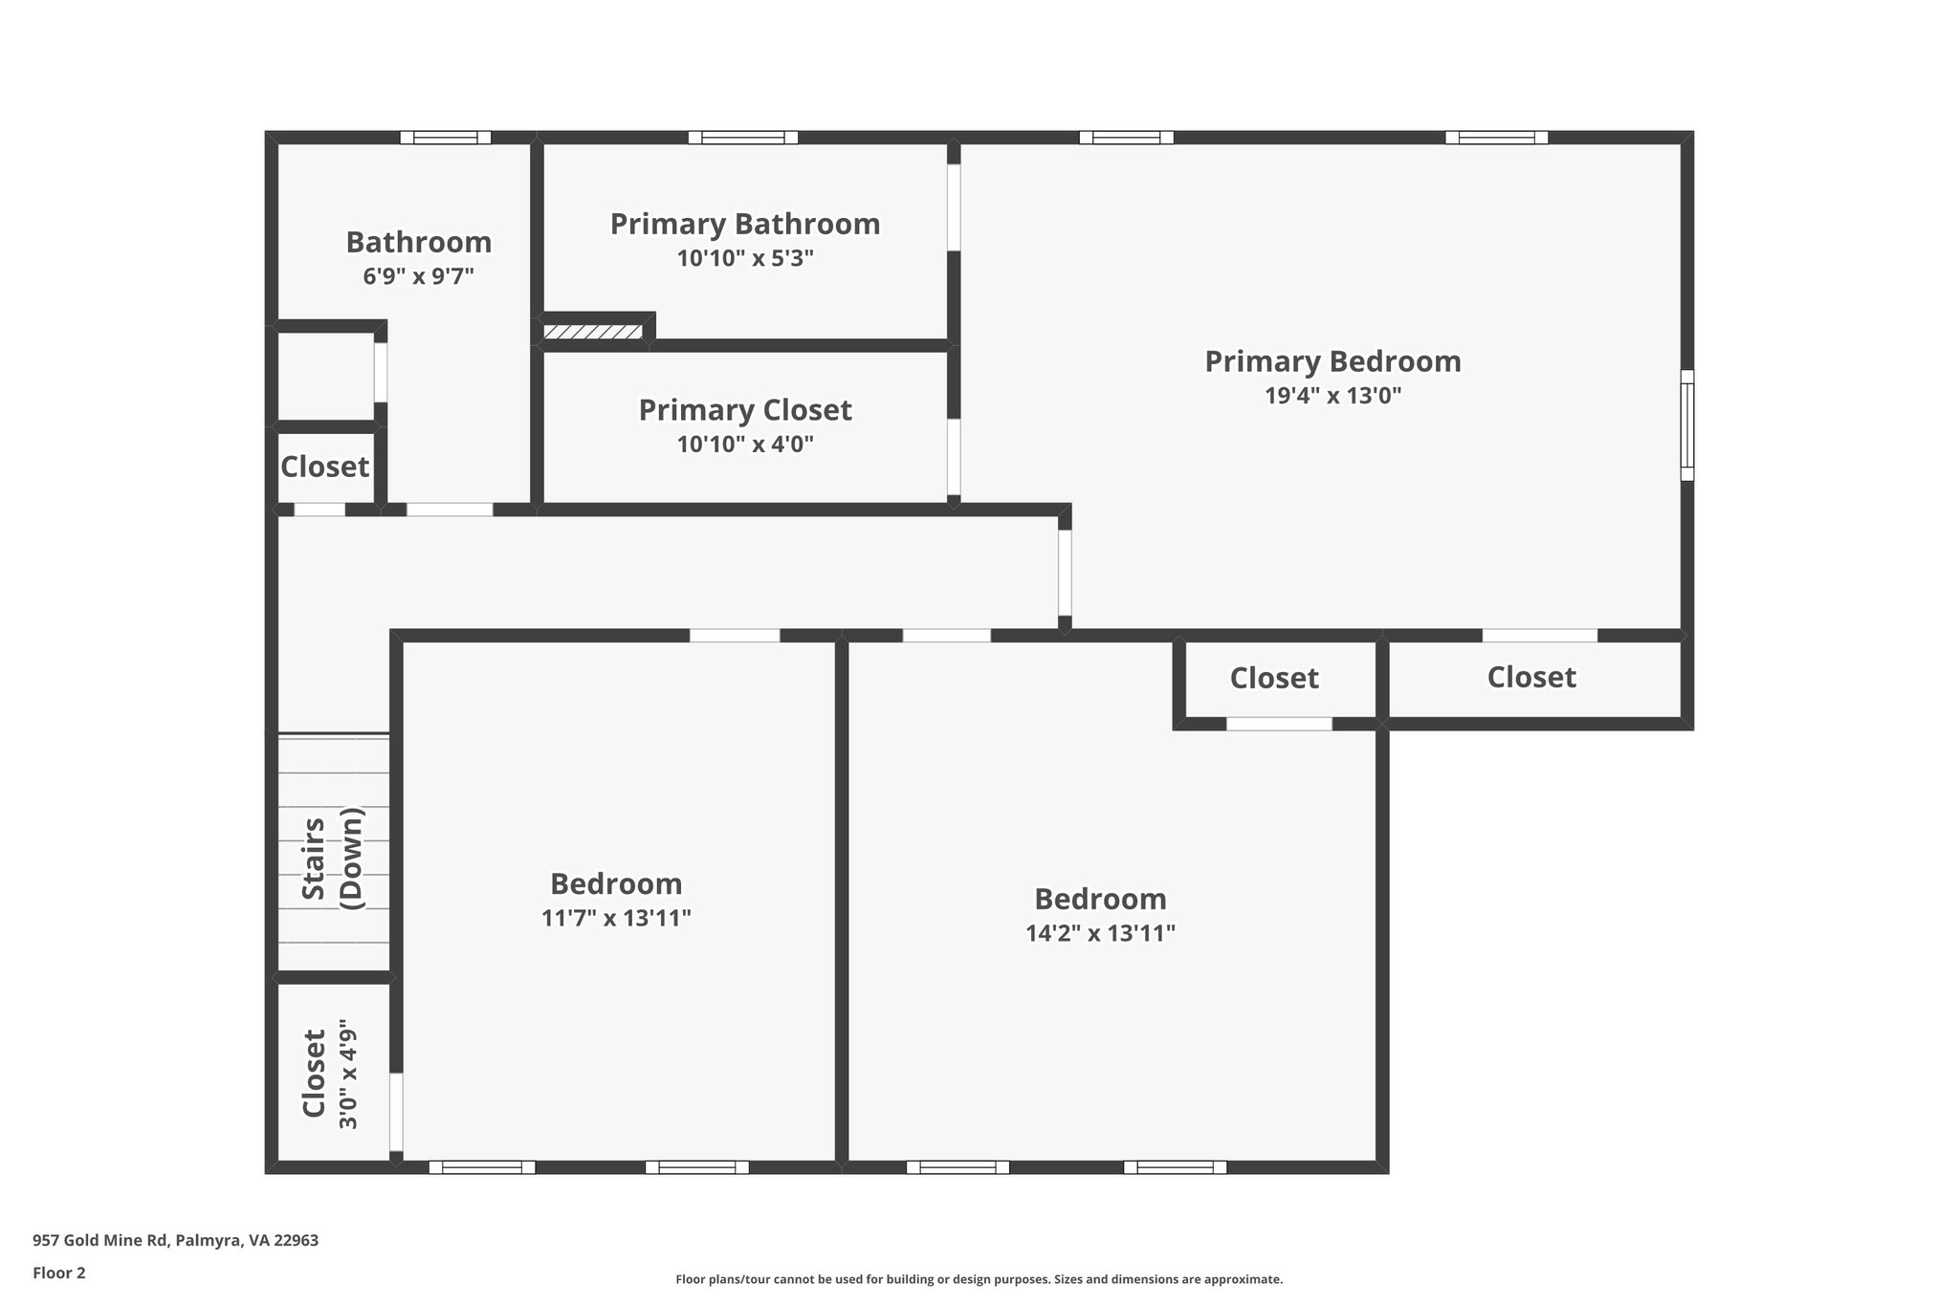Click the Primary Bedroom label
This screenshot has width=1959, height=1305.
point(1332,361)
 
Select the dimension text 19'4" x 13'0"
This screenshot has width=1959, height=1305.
point(1332,396)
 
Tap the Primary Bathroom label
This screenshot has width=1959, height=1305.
point(745,224)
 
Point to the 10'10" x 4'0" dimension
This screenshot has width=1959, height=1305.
point(745,445)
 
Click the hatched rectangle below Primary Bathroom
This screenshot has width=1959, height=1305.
point(593,332)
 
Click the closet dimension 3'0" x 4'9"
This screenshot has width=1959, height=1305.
point(349,1078)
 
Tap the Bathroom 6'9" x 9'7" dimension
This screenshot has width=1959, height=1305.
point(418,277)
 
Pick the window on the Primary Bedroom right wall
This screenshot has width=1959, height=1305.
point(1687,424)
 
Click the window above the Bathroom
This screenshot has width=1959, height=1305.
point(445,137)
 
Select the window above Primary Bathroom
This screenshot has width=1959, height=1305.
point(742,137)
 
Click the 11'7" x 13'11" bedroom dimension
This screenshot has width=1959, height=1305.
point(616,919)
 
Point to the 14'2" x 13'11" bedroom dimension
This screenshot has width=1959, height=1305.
point(1100,934)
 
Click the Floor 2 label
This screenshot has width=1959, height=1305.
point(59,1272)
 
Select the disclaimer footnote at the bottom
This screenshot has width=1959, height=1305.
point(979,1279)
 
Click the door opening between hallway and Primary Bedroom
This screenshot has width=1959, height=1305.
point(1065,573)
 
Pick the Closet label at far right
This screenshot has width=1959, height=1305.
point(1531,677)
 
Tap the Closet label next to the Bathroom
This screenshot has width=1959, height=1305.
point(324,467)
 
